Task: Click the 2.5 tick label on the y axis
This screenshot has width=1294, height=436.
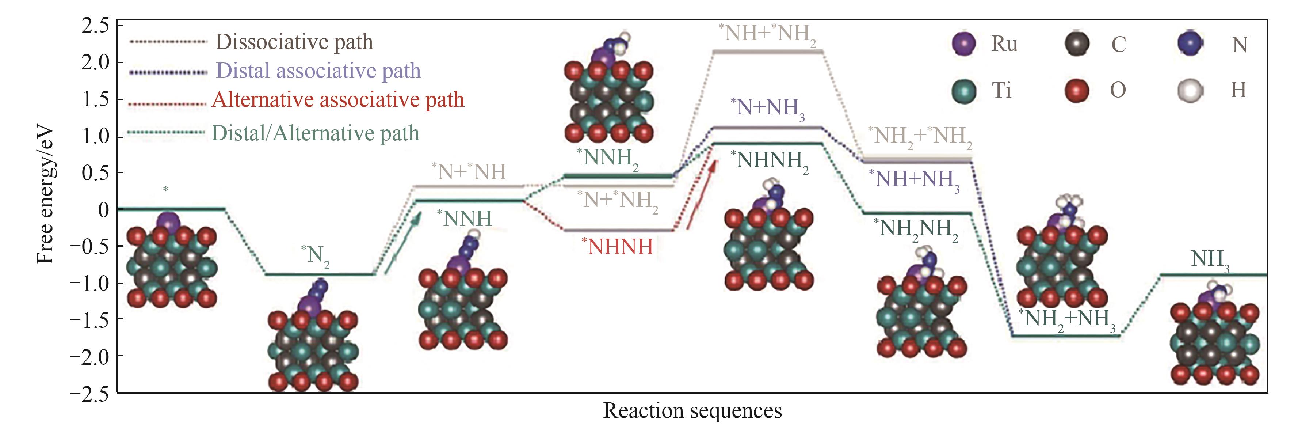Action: pyautogui.click(x=95, y=26)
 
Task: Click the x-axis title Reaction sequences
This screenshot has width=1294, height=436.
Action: pyautogui.click(x=692, y=411)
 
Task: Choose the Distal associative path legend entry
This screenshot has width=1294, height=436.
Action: pyautogui.click(x=318, y=71)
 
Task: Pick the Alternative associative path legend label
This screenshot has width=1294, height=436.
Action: pyautogui.click(x=337, y=99)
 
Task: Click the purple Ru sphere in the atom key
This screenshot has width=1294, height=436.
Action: pyautogui.click(x=964, y=44)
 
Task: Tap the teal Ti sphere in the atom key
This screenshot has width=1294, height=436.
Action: pyautogui.click(x=964, y=91)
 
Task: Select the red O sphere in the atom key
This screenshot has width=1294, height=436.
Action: pyautogui.click(x=1076, y=91)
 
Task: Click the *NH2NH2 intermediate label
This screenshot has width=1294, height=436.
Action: pyautogui.click(x=916, y=229)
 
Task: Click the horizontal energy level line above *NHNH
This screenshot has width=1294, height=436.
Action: pyautogui.click(x=618, y=230)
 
